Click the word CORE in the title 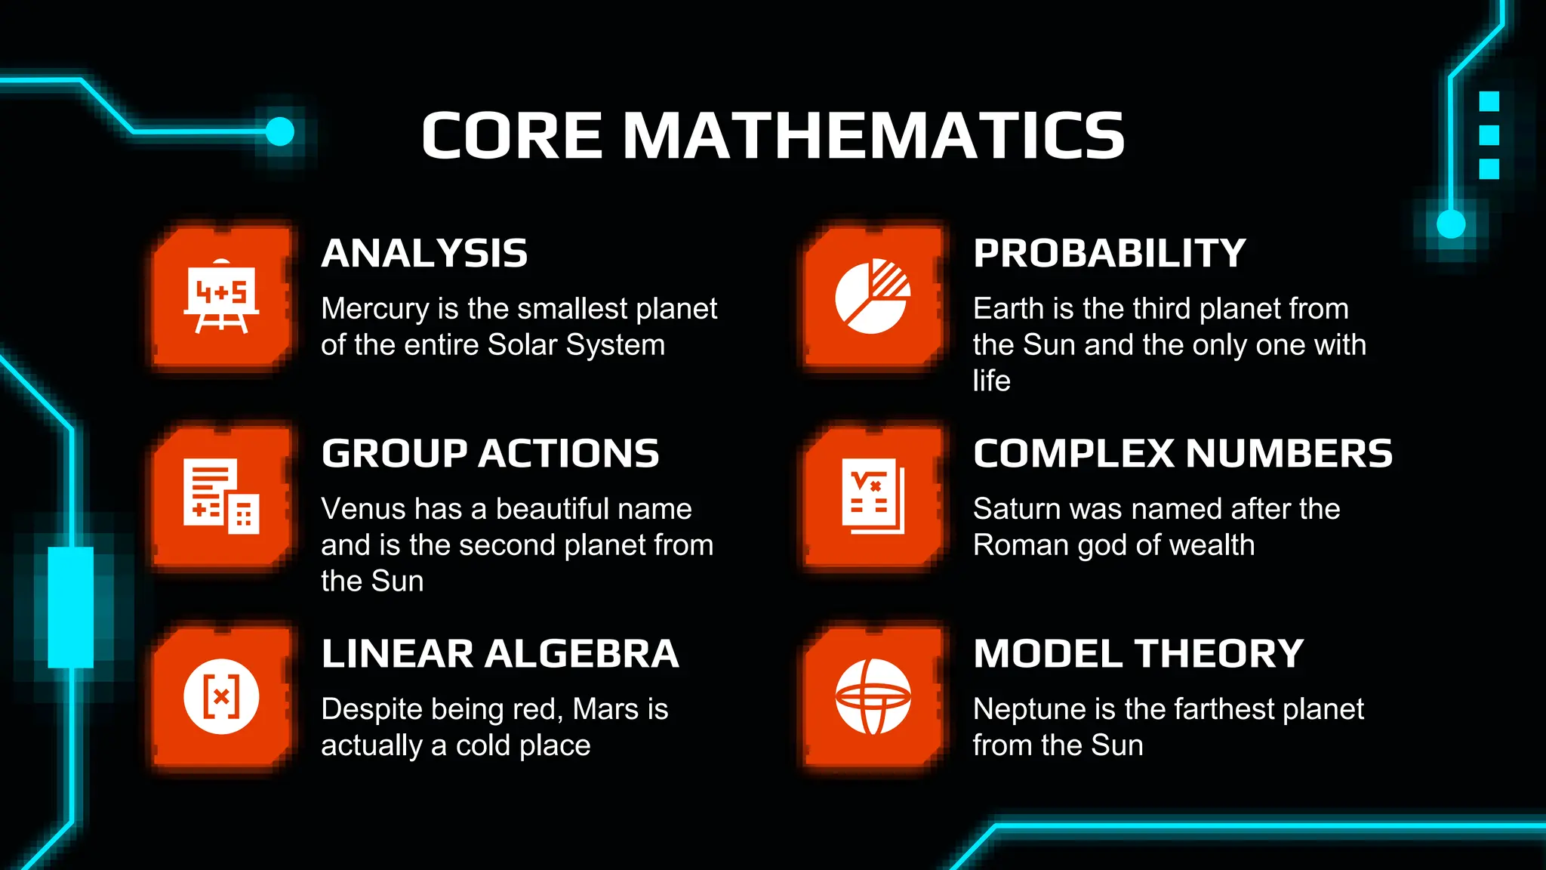(x=512, y=136)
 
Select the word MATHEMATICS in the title (x=873, y=136)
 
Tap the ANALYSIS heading (x=424, y=254)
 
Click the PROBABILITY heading (x=1109, y=254)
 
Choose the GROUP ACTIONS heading (x=490, y=454)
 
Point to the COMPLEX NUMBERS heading (x=1182, y=454)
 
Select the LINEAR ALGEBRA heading (x=500, y=654)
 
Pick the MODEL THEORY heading (x=1138, y=654)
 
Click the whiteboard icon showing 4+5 (x=221, y=297)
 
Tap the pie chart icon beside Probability (x=873, y=297)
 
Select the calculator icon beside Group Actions (x=221, y=496)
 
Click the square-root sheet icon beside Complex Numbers (x=873, y=496)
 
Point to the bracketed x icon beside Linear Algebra (x=221, y=696)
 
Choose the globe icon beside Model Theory (x=873, y=696)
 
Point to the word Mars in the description (x=606, y=709)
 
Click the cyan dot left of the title (x=280, y=131)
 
